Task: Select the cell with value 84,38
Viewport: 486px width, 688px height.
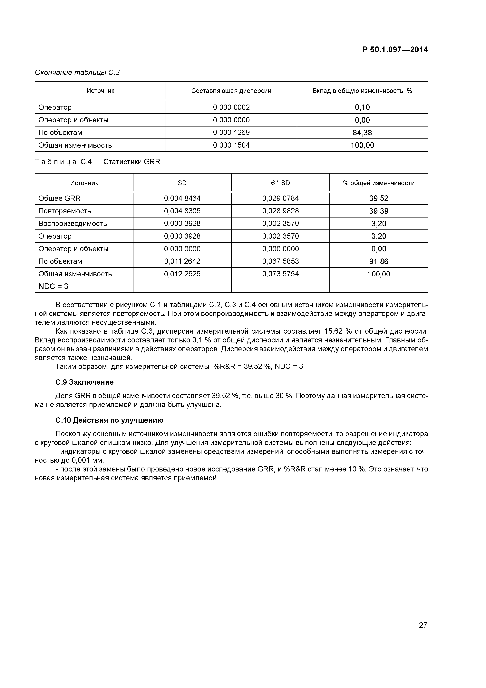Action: (x=362, y=132)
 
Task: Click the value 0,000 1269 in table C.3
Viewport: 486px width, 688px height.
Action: (x=231, y=132)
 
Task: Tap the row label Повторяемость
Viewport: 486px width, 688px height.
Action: (x=65, y=211)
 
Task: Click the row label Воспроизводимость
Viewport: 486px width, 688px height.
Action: (x=73, y=224)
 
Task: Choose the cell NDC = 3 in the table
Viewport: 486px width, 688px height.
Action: (x=53, y=287)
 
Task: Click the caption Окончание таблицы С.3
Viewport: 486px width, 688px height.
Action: (x=77, y=73)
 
